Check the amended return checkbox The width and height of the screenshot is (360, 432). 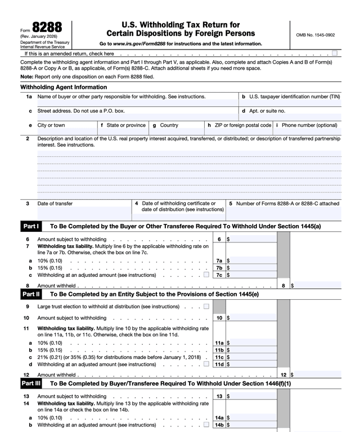(x=335, y=53)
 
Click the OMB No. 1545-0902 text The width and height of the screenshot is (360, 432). (x=315, y=35)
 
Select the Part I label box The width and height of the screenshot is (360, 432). (x=30, y=226)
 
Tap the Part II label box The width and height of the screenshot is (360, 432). (x=30, y=294)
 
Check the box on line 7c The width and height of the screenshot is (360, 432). (x=206, y=275)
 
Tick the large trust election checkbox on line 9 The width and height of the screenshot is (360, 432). (x=206, y=307)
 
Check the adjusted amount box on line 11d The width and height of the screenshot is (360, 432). (x=206, y=364)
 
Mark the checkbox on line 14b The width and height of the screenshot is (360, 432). (x=206, y=425)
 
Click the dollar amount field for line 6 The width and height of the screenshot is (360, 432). (x=251, y=239)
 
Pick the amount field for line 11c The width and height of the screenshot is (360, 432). (x=251, y=357)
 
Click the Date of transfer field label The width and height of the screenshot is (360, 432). (x=55, y=204)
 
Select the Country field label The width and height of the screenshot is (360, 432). (x=169, y=125)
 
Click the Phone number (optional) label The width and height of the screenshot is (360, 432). (x=309, y=125)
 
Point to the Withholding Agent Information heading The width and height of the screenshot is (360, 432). (x=64, y=87)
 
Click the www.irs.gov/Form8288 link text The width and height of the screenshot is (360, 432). (x=138, y=43)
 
